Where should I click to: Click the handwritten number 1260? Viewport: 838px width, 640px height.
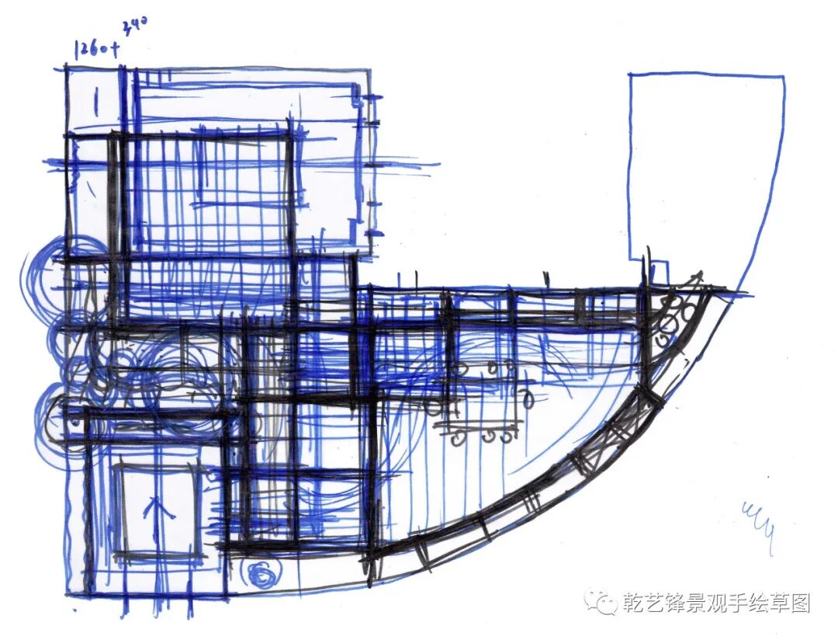(x=92, y=50)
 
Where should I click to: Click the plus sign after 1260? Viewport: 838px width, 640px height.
(x=116, y=49)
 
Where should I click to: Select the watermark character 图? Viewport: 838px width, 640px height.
(x=801, y=603)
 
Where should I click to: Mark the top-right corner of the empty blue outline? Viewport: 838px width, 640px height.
(x=783, y=76)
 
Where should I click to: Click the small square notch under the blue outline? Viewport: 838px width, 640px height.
(x=658, y=272)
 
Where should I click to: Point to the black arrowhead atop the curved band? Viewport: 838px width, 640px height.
(x=698, y=278)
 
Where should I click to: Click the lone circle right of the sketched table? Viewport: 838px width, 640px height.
(x=528, y=400)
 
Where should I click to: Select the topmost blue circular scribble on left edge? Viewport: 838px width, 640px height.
(x=43, y=276)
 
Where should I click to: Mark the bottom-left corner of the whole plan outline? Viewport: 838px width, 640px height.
(x=68, y=597)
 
